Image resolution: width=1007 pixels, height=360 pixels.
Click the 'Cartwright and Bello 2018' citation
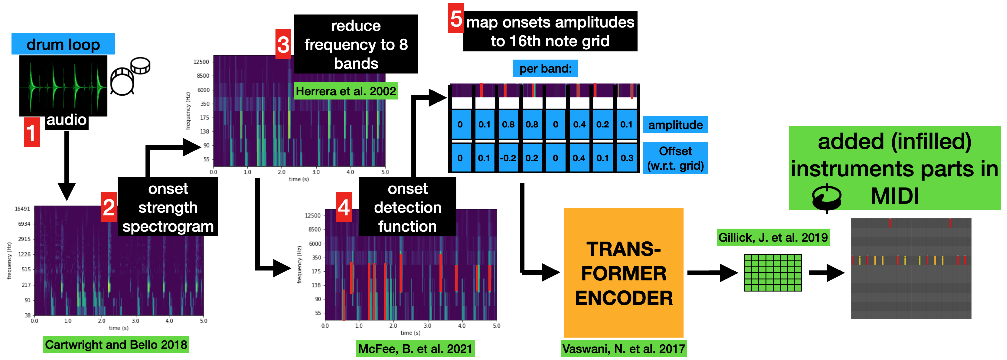point(116,344)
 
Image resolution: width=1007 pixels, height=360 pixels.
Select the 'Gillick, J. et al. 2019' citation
point(773,237)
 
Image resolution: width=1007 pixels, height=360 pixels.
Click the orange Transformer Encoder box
point(623,273)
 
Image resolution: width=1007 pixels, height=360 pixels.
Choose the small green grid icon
point(773,273)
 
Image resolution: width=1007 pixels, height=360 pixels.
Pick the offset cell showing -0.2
point(508,158)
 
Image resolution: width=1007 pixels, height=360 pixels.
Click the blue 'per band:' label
point(545,68)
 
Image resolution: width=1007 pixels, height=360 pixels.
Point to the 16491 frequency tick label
point(22,209)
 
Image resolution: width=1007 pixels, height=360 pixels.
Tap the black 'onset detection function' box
point(407,207)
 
